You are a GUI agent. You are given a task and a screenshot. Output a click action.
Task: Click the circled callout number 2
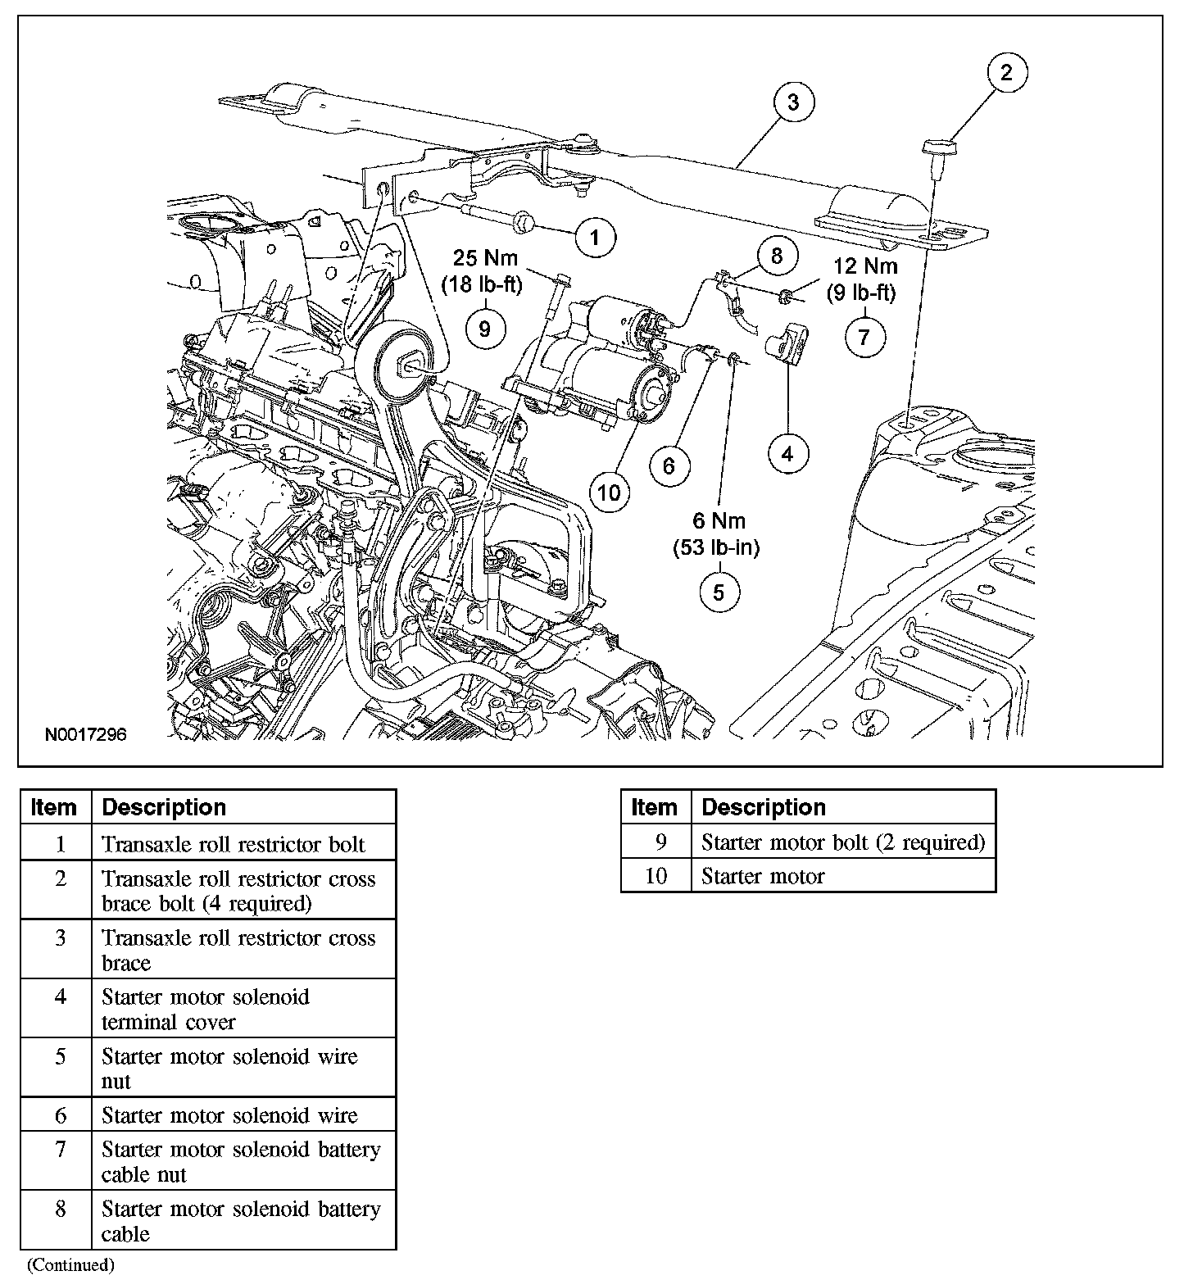(1006, 72)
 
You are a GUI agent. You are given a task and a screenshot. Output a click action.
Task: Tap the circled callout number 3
(792, 102)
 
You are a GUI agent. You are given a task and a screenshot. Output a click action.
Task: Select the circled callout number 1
(595, 238)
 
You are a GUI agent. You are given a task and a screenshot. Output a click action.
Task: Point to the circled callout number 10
(610, 492)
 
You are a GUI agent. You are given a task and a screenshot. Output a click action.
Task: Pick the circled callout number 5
(719, 592)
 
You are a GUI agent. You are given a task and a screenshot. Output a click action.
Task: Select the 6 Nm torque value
(719, 521)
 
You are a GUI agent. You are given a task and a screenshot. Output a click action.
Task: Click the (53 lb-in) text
(718, 547)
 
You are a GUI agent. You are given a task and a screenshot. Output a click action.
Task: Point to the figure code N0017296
(85, 735)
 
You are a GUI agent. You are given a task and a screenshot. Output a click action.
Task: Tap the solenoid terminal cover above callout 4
(786, 340)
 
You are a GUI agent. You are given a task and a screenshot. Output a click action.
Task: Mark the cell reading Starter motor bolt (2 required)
(843, 842)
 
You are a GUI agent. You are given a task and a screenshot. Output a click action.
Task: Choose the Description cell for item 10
(843, 876)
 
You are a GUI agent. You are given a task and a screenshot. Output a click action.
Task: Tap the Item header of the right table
(655, 807)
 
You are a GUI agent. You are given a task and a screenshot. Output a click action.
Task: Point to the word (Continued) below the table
(71, 1264)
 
